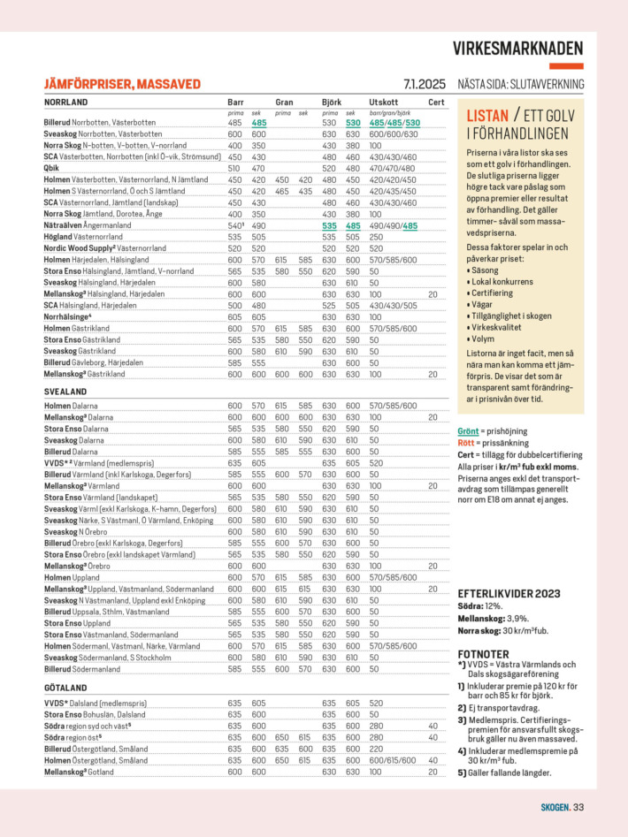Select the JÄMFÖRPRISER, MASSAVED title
coord(122,85)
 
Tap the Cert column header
coord(436,103)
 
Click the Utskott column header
coord(383,103)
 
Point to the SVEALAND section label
coord(65,391)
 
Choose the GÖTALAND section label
coord(65,687)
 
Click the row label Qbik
coord(51,168)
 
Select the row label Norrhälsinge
coord(67,316)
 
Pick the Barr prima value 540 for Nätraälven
coord(234,225)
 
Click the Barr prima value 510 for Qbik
coord(234,168)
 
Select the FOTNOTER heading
coord(484,654)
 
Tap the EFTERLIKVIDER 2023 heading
coord(508,592)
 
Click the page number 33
coord(578,806)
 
